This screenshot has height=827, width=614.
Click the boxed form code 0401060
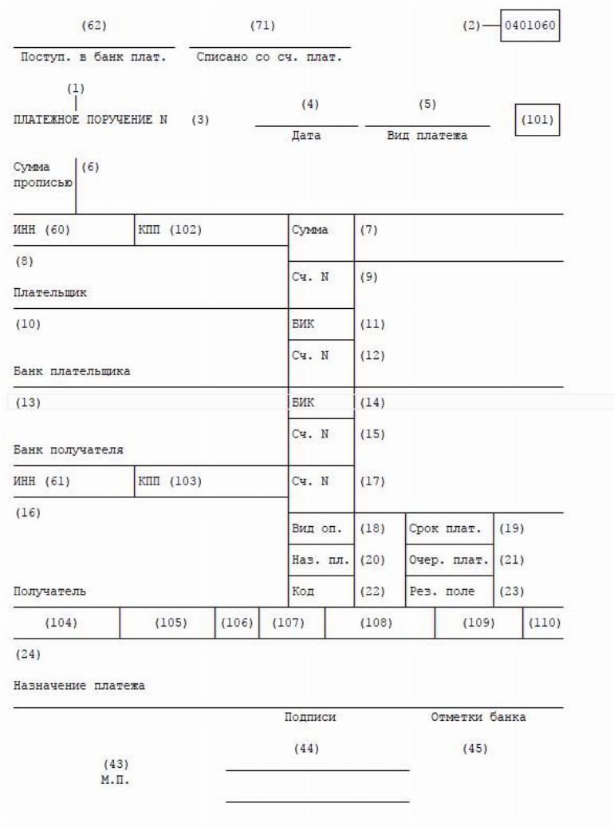click(x=530, y=26)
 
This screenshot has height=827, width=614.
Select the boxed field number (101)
click(x=537, y=121)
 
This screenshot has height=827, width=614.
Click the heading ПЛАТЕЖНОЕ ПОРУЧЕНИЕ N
click(x=90, y=120)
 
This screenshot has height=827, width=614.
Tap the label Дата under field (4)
click(x=306, y=136)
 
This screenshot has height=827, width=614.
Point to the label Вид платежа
click(x=427, y=136)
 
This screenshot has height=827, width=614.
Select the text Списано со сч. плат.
click(x=269, y=57)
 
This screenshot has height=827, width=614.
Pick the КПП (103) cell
click(x=170, y=481)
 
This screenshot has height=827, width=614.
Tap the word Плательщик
click(x=50, y=292)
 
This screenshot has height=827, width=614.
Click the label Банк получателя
click(x=69, y=449)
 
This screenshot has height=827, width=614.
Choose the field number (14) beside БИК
click(x=372, y=402)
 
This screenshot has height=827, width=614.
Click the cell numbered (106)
click(x=236, y=623)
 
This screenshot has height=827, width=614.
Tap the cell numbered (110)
click(x=543, y=623)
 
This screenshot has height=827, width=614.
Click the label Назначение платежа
click(x=80, y=686)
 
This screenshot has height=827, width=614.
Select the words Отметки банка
click(x=478, y=717)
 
